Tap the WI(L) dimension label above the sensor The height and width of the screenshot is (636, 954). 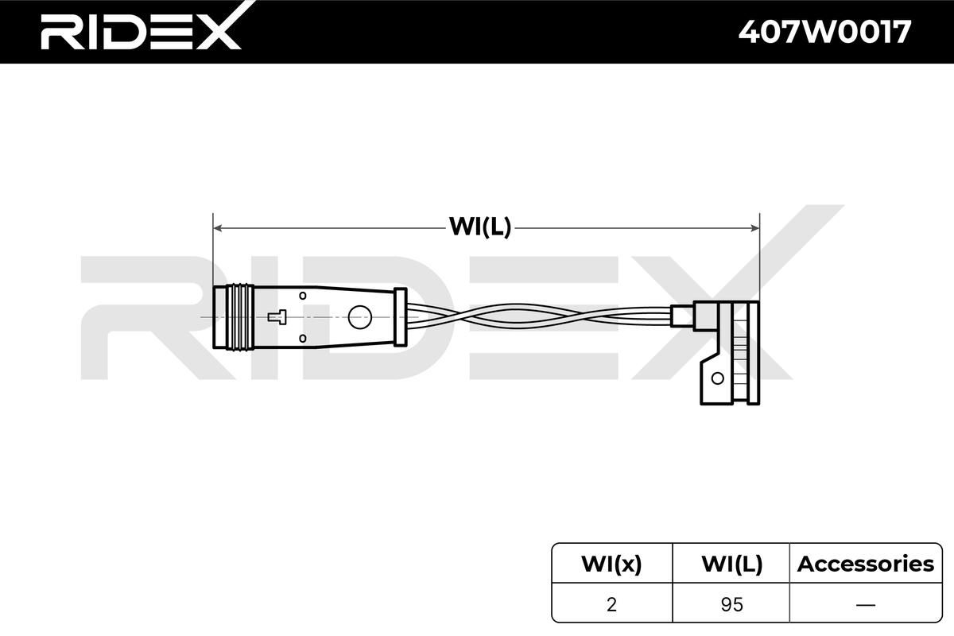pyautogui.click(x=480, y=227)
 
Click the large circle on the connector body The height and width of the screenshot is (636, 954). pyautogui.click(x=360, y=316)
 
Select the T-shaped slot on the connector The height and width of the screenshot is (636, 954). pyautogui.click(x=277, y=316)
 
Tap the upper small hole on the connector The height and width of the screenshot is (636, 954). pyautogui.click(x=302, y=296)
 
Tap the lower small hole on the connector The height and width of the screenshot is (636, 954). pyautogui.click(x=302, y=338)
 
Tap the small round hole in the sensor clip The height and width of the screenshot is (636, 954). pyautogui.click(x=718, y=379)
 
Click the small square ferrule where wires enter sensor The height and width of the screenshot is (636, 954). pyautogui.click(x=681, y=316)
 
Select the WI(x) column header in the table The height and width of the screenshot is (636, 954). pyautogui.click(x=611, y=564)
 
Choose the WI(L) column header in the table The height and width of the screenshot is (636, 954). pyautogui.click(x=731, y=564)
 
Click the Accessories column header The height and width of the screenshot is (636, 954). pyautogui.click(x=865, y=564)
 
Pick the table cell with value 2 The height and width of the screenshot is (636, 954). pyautogui.click(x=611, y=604)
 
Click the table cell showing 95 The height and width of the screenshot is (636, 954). pyautogui.click(x=731, y=604)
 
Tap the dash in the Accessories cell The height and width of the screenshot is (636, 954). pyautogui.click(x=865, y=604)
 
